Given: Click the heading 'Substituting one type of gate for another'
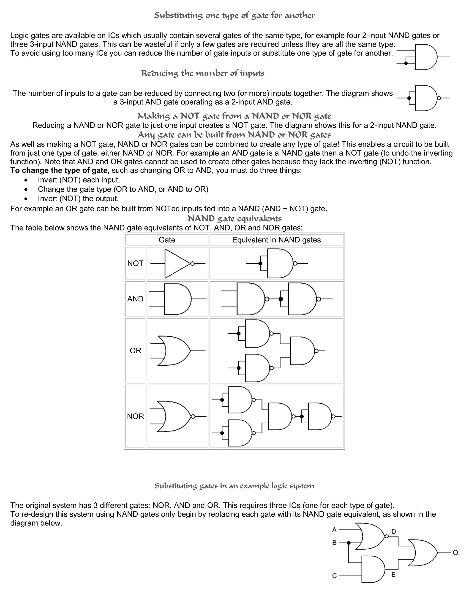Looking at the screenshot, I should click(x=234, y=16).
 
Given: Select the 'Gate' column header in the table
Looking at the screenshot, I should click(x=167, y=240).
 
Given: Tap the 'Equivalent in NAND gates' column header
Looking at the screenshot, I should click(x=276, y=240).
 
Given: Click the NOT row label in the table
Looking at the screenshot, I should click(x=135, y=263).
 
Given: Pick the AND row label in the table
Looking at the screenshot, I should click(x=135, y=299).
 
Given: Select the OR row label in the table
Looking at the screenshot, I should click(x=135, y=351).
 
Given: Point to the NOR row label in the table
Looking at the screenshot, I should click(x=135, y=416).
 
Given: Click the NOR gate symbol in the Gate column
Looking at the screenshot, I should click(x=175, y=416).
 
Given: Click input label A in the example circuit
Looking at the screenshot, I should click(x=334, y=529).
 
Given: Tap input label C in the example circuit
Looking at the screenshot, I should click(x=334, y=576).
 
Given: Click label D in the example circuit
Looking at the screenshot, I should click(x=393, y=532).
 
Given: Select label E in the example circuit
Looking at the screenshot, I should click(x=393, y=575).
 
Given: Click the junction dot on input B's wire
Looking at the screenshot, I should click(x=349, y=543).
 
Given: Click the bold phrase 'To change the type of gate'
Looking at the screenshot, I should click(x=59, y=170).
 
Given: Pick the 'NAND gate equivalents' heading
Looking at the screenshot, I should click(x=234, y=219).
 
